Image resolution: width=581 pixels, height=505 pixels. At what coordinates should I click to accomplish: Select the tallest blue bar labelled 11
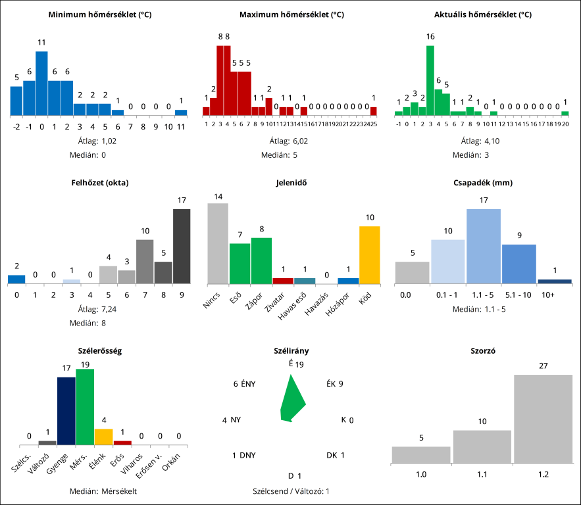pos(41,84)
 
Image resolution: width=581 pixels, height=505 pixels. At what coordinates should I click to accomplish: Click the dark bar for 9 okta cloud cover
pos(182,246)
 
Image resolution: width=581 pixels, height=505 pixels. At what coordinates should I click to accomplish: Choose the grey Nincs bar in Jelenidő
pos(218,243)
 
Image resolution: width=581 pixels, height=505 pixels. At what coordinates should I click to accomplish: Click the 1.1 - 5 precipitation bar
pos(484,247)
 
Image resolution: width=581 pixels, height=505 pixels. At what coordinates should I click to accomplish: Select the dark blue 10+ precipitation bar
pos(555,281)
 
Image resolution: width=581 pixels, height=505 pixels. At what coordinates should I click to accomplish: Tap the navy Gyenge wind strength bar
pos(66,411)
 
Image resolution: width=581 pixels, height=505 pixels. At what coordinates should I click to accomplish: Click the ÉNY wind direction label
pos(245,384)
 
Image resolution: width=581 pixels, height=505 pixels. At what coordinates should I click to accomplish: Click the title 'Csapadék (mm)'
pos(483,183)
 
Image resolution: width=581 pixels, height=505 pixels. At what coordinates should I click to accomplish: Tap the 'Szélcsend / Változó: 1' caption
pos(291,491)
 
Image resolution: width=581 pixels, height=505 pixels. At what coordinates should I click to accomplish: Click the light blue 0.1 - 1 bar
pos(448,262)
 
